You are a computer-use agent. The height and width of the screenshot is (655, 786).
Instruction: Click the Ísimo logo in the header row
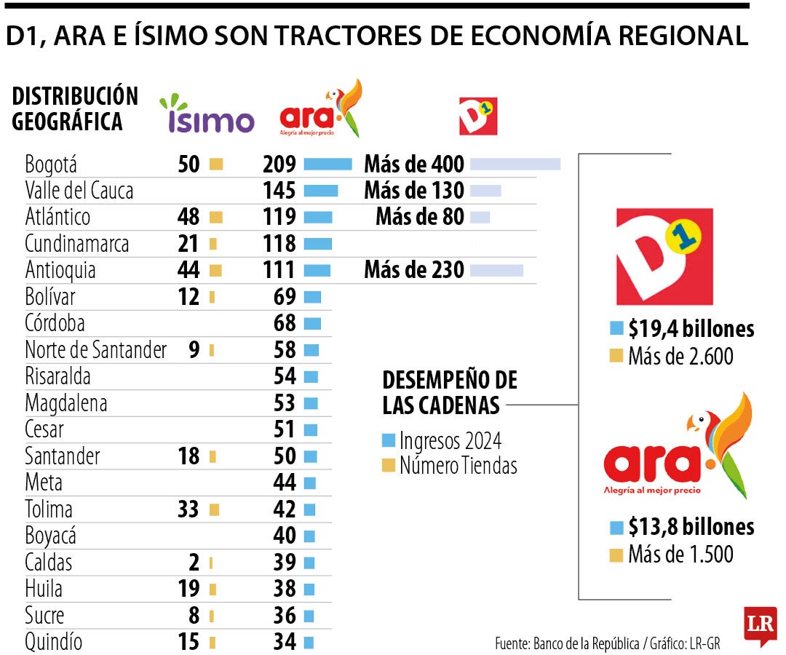pyautogui.click(x=207, y=116)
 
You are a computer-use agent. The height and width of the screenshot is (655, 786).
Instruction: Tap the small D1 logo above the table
pyautogui.click(x=478, y=116)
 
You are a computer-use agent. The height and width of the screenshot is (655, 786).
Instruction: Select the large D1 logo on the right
pyautogui.click(x=664, y=256)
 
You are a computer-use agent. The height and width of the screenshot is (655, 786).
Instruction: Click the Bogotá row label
pyautogui.click(x=51, y=164)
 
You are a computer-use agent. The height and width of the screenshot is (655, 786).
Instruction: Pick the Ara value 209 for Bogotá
pyautogui.click(x=279, y=164)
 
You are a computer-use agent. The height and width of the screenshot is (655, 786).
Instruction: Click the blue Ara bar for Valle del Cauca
pyautogui.click(x=320, y=191)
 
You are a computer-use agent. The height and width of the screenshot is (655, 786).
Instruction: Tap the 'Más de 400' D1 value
pyautogui.click(x=414, y=164)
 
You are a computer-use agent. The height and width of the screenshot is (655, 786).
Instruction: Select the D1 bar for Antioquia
pyautogui.click(x=496, y=271)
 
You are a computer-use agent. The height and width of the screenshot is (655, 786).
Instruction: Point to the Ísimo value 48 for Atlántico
pyautogui.click(x=188, y=217)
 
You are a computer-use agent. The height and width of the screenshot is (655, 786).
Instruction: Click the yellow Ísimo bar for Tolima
pyautogui.click(x=214, y=510)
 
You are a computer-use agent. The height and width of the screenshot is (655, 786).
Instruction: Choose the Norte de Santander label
pyautogui.click(x=95, y=350)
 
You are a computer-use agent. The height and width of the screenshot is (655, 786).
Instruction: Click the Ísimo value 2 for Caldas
pyautogui.click(x=194, y=563)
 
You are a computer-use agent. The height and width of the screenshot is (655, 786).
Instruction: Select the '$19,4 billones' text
pyautogui.click(x=691, y=329)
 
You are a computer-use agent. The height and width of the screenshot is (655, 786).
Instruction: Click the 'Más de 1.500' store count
pyautogui.click(x=680, y=555)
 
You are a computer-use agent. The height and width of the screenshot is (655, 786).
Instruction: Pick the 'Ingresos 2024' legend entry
pyautogui.click(x=450, y=441)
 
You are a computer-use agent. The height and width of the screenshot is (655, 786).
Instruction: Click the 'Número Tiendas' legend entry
pyautogui.click(x=458, y=466)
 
